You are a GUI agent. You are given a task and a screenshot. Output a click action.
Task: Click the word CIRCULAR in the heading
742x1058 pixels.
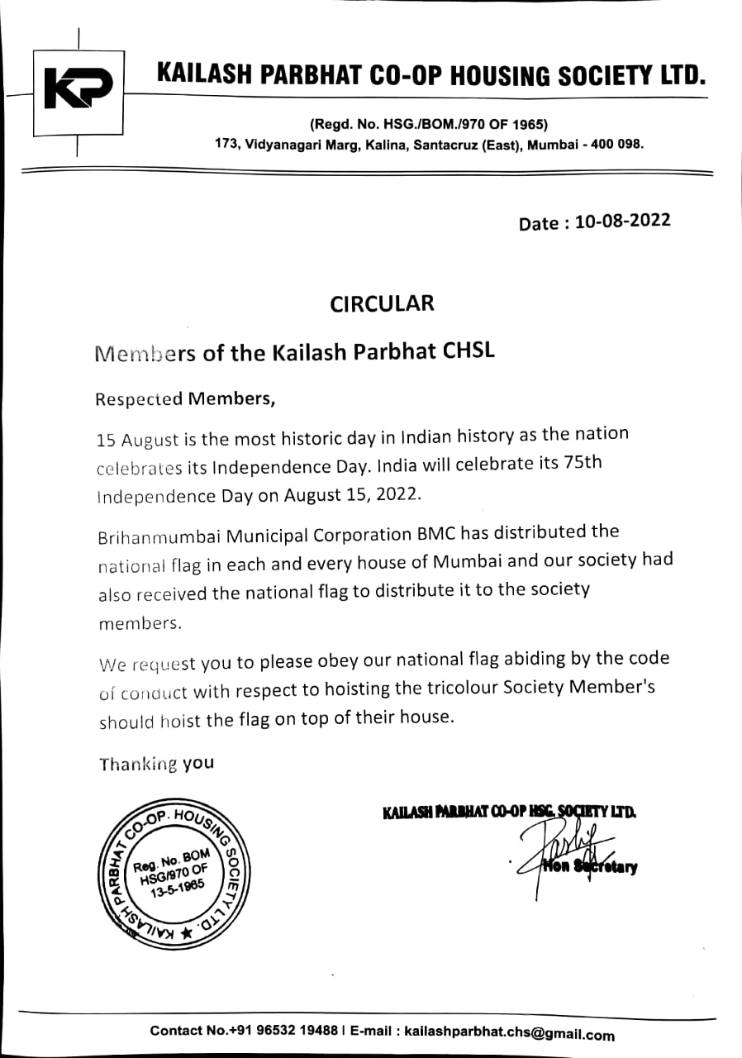[382, 303]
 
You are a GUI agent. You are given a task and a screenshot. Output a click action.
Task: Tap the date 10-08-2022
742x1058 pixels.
[629, 222]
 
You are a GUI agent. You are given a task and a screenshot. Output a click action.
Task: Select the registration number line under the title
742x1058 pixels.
[429, 125]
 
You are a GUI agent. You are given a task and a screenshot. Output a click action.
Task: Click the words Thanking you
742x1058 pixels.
[156, 764]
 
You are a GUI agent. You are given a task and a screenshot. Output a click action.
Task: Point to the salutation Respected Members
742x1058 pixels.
[184, 399]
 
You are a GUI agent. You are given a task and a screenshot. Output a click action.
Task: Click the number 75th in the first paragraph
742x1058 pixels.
[582, 463]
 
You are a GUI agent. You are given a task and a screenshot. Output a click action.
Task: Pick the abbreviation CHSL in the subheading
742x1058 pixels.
[469, 351]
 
